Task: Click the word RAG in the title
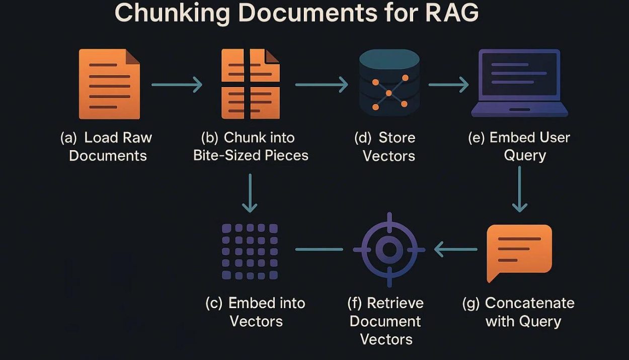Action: pos(452,13)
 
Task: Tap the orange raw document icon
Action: pos(109,84)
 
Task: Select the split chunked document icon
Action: pos(251,84)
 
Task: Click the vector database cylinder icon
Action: pos(389,83)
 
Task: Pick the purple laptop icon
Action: pos(519,83)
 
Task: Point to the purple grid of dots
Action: pos(250,252)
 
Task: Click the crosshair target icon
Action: pos(389,250)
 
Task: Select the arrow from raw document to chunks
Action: pos(177,85)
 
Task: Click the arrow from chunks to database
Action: pos(322,85)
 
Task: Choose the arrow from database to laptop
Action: pos(448,85)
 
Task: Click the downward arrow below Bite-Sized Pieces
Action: pos(250,193)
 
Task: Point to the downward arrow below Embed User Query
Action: pos(519,189)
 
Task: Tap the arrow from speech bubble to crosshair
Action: pos(455,249)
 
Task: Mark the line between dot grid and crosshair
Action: pos(319,249)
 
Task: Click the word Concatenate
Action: pos(529,303)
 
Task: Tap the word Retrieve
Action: pos(395,303)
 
